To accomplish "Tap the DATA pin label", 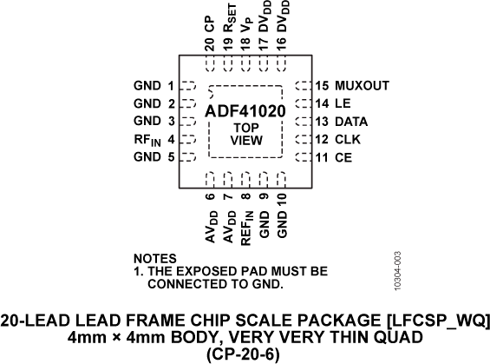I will pos(350,122).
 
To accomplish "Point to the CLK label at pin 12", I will pos(346,139).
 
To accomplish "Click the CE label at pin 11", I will pos(342,157).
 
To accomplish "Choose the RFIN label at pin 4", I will pos(145,140).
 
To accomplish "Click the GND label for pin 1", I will pos(147,86).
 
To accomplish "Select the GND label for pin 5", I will pos(147,157).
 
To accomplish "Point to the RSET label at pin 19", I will pos(229,27).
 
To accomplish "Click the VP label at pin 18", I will pos(246,31).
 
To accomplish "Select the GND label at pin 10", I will pos(282,222).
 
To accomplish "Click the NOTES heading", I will pos(155,259).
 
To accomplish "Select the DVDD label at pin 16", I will pos(282,27).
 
